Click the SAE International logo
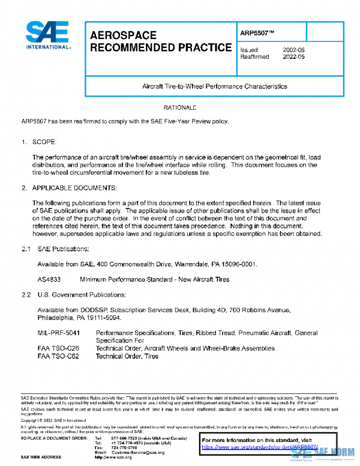point(47,36)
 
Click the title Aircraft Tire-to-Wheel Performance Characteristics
point(214,86)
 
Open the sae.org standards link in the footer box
point(259,447)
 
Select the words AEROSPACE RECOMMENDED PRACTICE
point(160,42)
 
